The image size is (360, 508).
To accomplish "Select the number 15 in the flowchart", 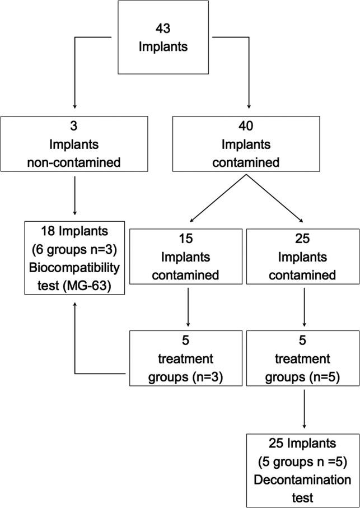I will pos(188,240).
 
